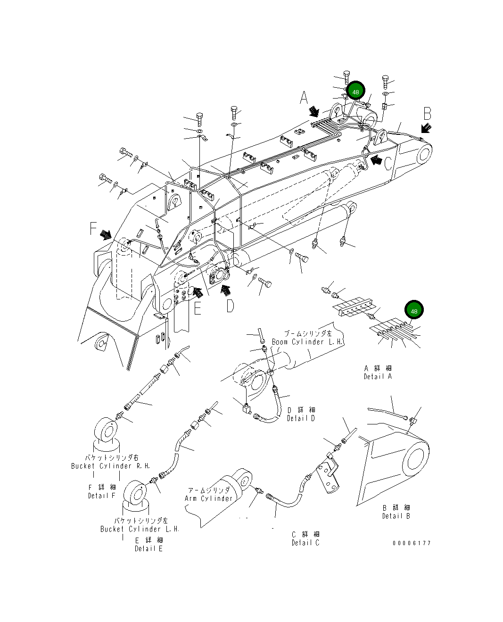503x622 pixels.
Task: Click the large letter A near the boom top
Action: [x=304, y=98]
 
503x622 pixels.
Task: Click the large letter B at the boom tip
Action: [x=427, y=114]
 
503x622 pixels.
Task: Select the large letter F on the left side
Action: [x=93, y=229]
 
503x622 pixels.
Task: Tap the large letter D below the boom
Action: [x=230, y=306]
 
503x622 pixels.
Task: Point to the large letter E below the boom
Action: [x=198, y=308]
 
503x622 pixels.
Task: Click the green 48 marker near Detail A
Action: [x=414, y=311]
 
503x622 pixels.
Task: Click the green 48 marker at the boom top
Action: [x=355, y=92]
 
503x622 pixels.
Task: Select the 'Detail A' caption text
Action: [x=378, y=376]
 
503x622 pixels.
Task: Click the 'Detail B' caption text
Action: [x=396, y=516]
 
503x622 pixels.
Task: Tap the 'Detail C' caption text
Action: [x=305, y=543]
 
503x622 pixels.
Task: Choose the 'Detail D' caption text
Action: [x=301, y=418]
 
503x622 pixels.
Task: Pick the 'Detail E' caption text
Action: [x=148, y=548]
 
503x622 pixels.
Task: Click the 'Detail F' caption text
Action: [x=101, y=496]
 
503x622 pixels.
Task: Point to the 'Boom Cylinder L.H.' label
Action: [x=307, y=341]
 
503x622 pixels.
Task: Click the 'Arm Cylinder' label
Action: [x=208, y=498]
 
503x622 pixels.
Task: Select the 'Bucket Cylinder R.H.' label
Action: [x=110, y=466]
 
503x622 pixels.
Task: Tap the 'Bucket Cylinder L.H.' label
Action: [x=140, y=529]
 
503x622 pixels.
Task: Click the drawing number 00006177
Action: [x=412, y=543]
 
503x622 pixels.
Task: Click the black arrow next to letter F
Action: [x=106, y=234]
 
